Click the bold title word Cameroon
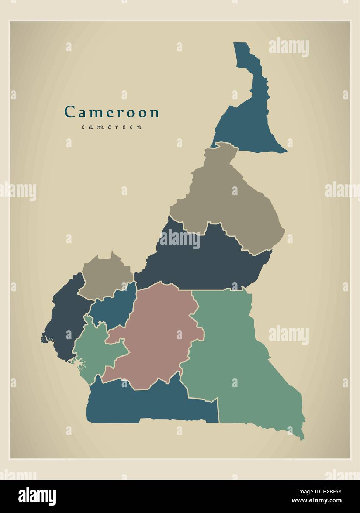click(112, 112)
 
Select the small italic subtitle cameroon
click(111, 127)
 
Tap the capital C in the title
click(69, 112)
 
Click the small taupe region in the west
click(105, 275)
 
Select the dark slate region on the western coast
click(65, 317)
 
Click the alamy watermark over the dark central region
click(180, 240)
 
